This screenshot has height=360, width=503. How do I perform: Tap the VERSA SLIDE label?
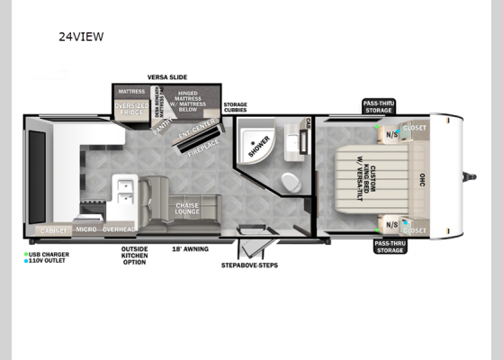pyautogui.click(x=167, y=78)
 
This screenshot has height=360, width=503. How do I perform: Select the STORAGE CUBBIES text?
pyautogui.click(x=235, y=107)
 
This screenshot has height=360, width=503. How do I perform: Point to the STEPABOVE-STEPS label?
pyautogui.click(x=248, y=265)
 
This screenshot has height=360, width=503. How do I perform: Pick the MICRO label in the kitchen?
pyautogui.click(x=86, y=229)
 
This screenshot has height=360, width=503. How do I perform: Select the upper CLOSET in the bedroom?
pyautogui.click(x=414, y=128)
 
